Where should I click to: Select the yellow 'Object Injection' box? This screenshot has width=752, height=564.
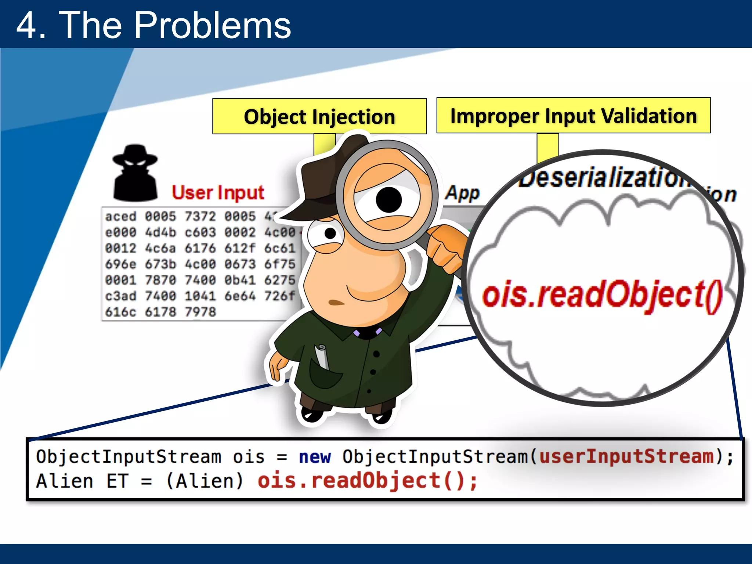point(319,116)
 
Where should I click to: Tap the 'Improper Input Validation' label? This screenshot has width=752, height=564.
point(573,116)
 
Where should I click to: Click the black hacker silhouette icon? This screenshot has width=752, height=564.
point(135,173)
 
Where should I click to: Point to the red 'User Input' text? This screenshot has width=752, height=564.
point(218,192)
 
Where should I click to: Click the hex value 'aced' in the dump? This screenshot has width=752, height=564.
point(120,216)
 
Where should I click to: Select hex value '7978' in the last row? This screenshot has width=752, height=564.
point(200,312)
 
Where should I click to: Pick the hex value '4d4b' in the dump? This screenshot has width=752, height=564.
point(160,232)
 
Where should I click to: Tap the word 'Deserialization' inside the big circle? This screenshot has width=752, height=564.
point(602,178)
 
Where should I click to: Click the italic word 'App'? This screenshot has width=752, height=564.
point(462,193)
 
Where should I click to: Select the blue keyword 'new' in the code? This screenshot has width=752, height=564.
point(315,457)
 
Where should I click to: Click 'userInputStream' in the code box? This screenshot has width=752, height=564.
point(626,456)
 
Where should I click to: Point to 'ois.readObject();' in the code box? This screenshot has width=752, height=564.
point(367,481)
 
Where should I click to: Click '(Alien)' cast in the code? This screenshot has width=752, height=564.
point(205,481)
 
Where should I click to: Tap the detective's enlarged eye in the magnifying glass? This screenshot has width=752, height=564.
point(388,199)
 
